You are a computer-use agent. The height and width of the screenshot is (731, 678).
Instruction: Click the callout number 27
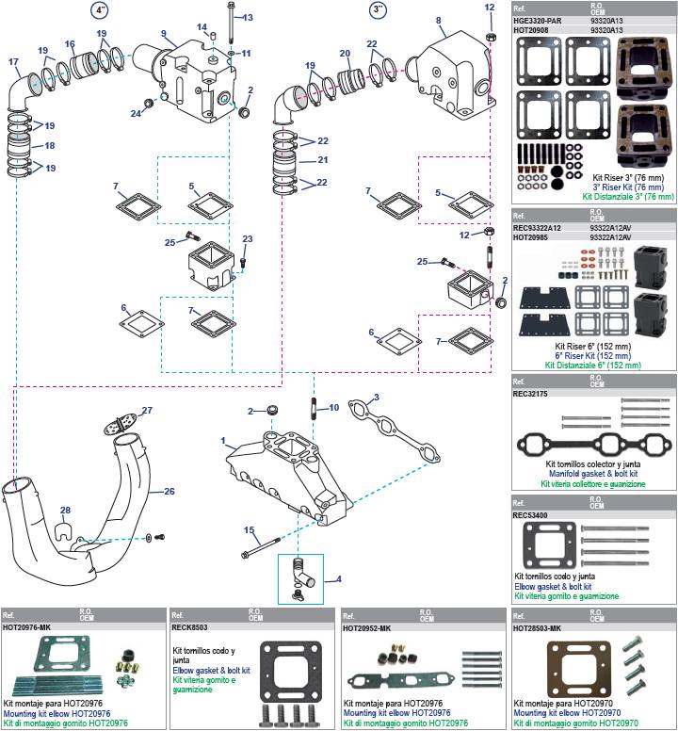click(x=146, y=410)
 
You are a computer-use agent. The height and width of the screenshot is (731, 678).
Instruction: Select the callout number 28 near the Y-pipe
click(x=65, y=512)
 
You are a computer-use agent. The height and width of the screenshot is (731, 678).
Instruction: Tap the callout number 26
click(x=169, y=491)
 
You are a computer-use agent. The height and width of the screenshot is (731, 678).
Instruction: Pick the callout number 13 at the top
click(x=248, y=18)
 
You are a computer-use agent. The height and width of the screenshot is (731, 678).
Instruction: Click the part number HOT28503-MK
click(x=537, y=627)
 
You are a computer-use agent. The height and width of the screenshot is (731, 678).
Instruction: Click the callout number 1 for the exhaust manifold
click(x=223, y=441)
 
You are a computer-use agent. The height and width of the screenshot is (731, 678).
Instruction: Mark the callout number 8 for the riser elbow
click(x=438, y=20)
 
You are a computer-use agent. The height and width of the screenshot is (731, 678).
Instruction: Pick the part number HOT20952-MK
click(x=366, y=627)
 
